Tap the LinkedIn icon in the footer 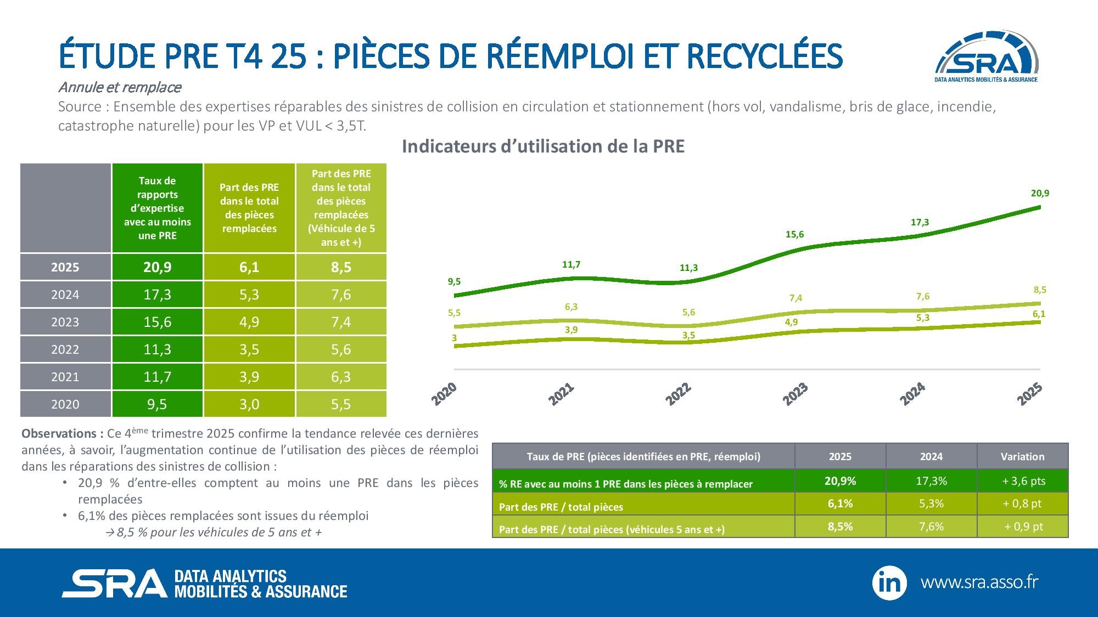click(x=889, y=583)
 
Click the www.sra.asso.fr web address click(x=979, y=582)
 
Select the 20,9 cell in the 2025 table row click(x=157, y=267)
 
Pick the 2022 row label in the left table click(x=65, y=349)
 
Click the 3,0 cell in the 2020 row click(x=249, y=404)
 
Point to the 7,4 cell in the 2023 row click(x=341, y=322)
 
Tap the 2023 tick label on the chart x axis click(x=795, y=394)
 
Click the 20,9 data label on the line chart click(x=1040, y=193)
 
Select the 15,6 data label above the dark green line click(x=794, y=235)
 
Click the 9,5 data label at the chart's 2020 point click(x=454, y=282)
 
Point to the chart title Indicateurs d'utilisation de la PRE click(x=543, y=146)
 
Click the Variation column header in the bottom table click(x=1022, y=456)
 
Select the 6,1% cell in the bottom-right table click(x=840, y=503)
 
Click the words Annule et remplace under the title click(x=120, y=87)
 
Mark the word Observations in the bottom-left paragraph click(x=59, y=434)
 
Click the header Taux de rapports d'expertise click(x=157, y=208)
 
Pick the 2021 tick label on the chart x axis click(x=561, y=394)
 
